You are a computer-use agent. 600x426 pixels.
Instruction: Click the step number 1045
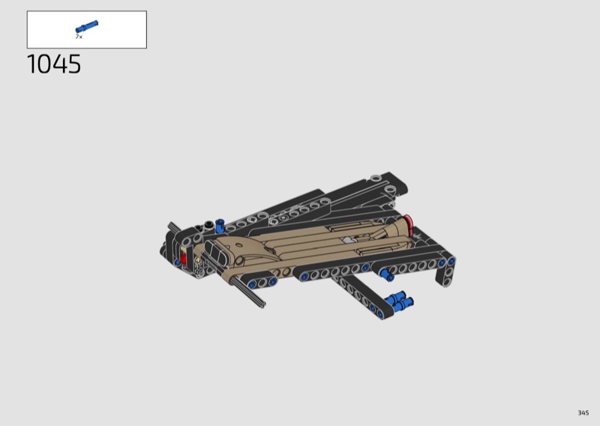coord(54,64)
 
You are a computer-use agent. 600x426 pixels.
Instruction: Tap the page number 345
coord(583,412)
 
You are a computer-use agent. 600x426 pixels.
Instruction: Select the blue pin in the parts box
coord(87,27)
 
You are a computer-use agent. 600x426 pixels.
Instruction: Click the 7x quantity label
coord(79,37)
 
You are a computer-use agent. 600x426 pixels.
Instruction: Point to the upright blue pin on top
coord(220,226)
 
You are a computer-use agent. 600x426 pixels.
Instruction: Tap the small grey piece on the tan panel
coord(348,240)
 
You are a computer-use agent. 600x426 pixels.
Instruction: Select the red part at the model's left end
coord(183,259)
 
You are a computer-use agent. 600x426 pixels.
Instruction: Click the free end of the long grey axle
coord(262,304)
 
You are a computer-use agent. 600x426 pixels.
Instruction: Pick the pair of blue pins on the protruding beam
coord(400,300)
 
